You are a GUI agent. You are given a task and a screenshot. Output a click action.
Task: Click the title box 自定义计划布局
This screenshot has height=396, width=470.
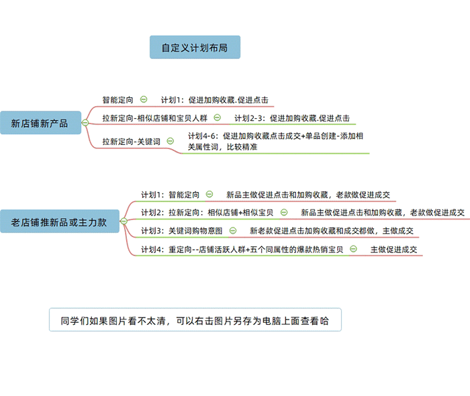click(x=195, y=48)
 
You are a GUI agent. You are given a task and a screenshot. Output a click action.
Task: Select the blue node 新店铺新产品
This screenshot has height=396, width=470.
click(x=40, y=123)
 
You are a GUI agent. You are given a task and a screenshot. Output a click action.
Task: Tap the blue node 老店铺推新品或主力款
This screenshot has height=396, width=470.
click(x=58, y=221)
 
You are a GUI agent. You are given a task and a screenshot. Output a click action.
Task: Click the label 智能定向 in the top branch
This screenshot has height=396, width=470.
click(x=118, y=99)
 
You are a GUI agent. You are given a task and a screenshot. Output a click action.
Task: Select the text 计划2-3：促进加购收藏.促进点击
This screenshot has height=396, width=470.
click(x=292, y=118)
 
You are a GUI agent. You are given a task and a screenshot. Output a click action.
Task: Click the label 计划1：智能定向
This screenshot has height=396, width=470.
click(x=170, y=195)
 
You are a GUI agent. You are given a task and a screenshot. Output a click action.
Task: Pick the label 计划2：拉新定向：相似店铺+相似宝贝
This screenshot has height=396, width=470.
click(x=207, y=213)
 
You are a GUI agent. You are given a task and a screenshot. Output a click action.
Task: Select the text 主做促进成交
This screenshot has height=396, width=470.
click(x=394, y=250)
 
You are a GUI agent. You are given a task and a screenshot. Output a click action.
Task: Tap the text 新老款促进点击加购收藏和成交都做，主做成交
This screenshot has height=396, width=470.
click(x=331, y=231)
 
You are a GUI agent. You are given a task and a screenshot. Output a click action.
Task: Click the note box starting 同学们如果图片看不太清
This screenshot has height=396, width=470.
click(x=195, y=320)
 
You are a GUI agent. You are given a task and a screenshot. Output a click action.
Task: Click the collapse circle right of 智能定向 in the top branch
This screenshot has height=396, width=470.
click(x=144, y=99)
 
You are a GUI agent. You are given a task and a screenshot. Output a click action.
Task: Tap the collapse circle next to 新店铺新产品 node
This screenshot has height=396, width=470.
click(x=85, y=123)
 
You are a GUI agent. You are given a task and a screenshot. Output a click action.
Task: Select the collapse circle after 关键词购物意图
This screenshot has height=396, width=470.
click(x=233, y=231)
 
